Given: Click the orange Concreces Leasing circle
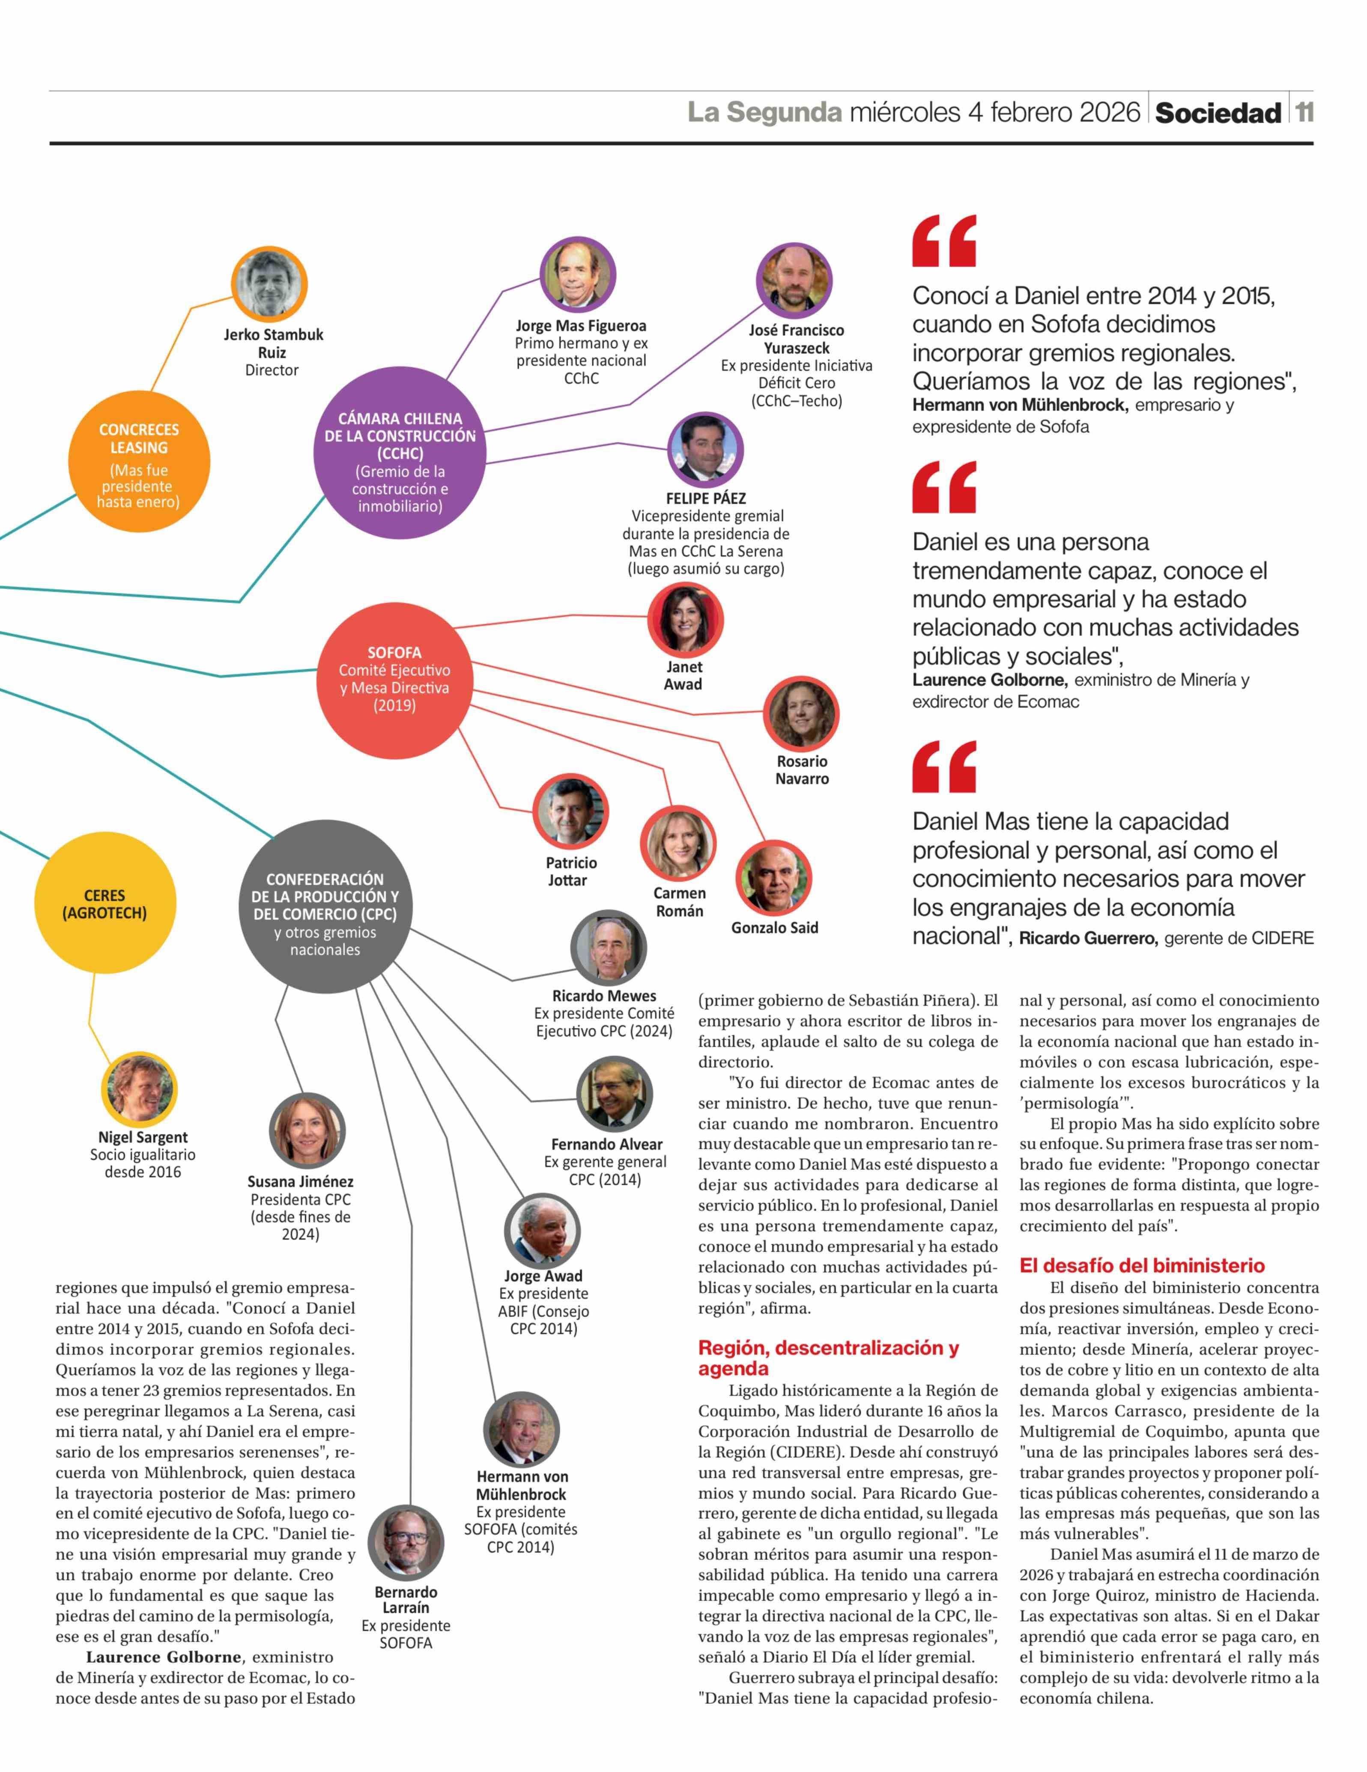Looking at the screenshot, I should (x=139, y=463).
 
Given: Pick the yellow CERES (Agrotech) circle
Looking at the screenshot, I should (x=104, y=904).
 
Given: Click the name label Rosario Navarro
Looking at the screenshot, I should (x=802, y=770).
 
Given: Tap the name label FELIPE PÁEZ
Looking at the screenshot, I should (x=706, y=498).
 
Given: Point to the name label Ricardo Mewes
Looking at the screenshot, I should (x=604, y=996).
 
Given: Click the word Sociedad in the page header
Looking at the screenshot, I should (x=1218, y=113).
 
